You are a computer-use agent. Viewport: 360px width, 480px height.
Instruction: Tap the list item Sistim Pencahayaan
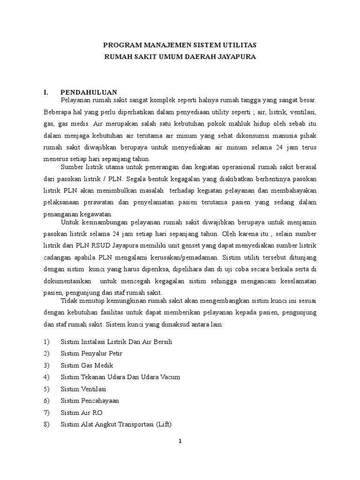90,401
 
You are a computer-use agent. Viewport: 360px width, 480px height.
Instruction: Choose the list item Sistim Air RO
82,412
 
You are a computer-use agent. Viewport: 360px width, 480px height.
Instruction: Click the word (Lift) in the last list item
163,424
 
